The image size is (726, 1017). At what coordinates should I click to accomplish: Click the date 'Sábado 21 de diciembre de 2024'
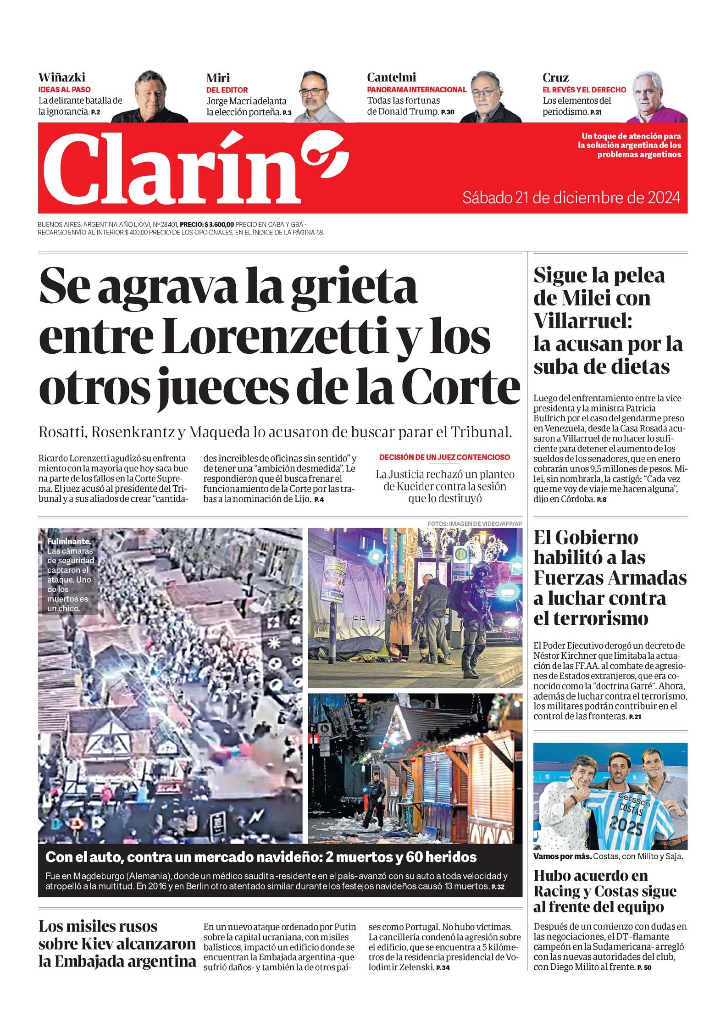click(571, 198)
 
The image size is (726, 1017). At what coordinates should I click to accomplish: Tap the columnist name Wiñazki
click(61, 77)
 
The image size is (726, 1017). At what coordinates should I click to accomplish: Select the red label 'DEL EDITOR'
click(227, 90)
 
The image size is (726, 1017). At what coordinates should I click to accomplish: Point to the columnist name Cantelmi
click(391, 77)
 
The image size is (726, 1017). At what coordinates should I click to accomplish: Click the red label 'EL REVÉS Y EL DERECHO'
click(584, 89)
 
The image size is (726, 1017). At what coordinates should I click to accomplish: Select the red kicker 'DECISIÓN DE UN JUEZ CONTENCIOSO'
click(444, 457)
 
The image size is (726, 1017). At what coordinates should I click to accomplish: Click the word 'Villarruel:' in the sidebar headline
click(582, 321)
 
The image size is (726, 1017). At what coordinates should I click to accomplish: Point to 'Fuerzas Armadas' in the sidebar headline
click(610, 578)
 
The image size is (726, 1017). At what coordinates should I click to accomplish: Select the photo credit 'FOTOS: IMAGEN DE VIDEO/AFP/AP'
click(475, 523)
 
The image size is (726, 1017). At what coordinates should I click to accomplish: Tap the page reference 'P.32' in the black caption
click(498, 887)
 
